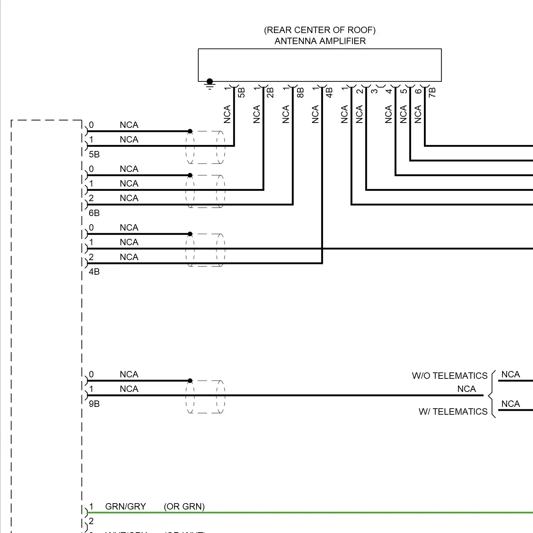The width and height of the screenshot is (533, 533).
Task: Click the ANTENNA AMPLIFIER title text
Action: [320, 41]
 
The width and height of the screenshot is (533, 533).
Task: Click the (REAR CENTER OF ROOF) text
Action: [320, 30]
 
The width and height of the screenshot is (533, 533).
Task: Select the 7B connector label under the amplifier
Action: [432, 93]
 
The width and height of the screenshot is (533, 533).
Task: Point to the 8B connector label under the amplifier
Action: [300, 93]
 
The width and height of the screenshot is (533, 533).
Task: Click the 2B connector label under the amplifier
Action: [270, 93]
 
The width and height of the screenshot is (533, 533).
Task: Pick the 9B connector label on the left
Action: [94, 404]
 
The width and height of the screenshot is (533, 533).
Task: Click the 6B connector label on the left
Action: [94, 213]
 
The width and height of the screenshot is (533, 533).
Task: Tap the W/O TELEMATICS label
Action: [449, 376]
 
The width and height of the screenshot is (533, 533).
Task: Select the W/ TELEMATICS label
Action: [453, 412]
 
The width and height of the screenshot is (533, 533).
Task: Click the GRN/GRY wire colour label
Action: [125, 507]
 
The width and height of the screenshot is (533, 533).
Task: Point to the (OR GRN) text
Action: [184, 507]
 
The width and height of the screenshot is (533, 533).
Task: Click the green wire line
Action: [320, 513]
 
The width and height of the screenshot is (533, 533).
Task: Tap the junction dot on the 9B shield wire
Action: [190, 381]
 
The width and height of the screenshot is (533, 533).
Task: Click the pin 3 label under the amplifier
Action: [375, 91]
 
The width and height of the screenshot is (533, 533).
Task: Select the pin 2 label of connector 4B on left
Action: [91, 257]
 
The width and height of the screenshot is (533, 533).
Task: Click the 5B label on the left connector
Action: [94, 155]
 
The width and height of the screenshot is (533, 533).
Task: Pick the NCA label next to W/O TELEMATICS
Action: [510, 375]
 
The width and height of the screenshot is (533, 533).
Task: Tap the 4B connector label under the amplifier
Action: [329, 93]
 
